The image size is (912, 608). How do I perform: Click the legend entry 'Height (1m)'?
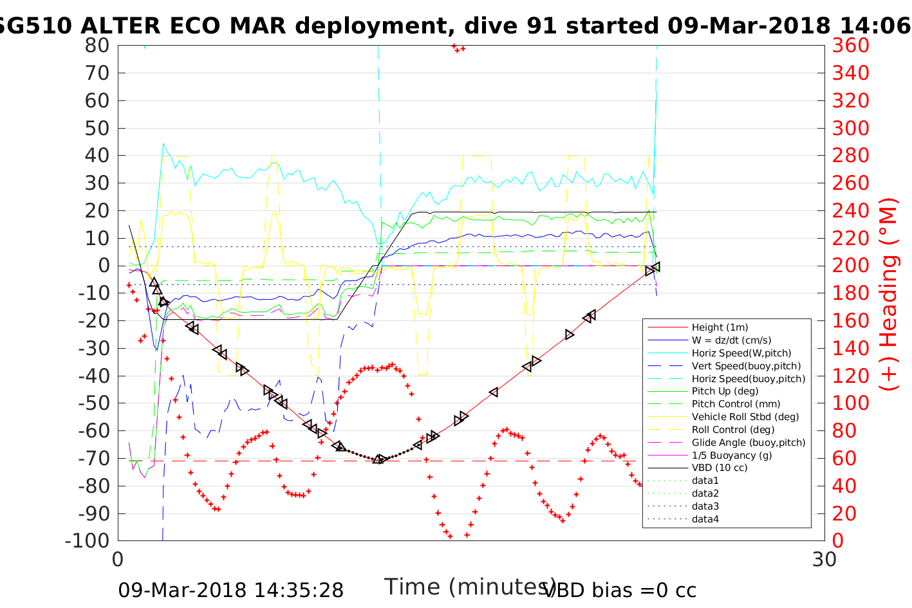pos(720,327)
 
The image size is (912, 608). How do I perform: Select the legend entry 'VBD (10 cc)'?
pos(720,468)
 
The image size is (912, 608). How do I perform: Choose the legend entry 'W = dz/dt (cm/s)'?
pos(731,340)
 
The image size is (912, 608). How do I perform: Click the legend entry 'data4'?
pos(705,519)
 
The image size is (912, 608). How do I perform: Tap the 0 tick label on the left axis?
pos(104,266)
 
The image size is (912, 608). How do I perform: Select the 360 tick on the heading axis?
pos(850,46)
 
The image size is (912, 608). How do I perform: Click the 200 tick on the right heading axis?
pos(850,266)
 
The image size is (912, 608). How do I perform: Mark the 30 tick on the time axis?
pos(824,559)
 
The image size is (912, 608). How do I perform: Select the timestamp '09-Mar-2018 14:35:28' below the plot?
pos(230,590)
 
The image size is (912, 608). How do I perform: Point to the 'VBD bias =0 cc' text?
pos(620,590)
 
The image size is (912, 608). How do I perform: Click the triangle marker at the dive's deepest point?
pos(379,459)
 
